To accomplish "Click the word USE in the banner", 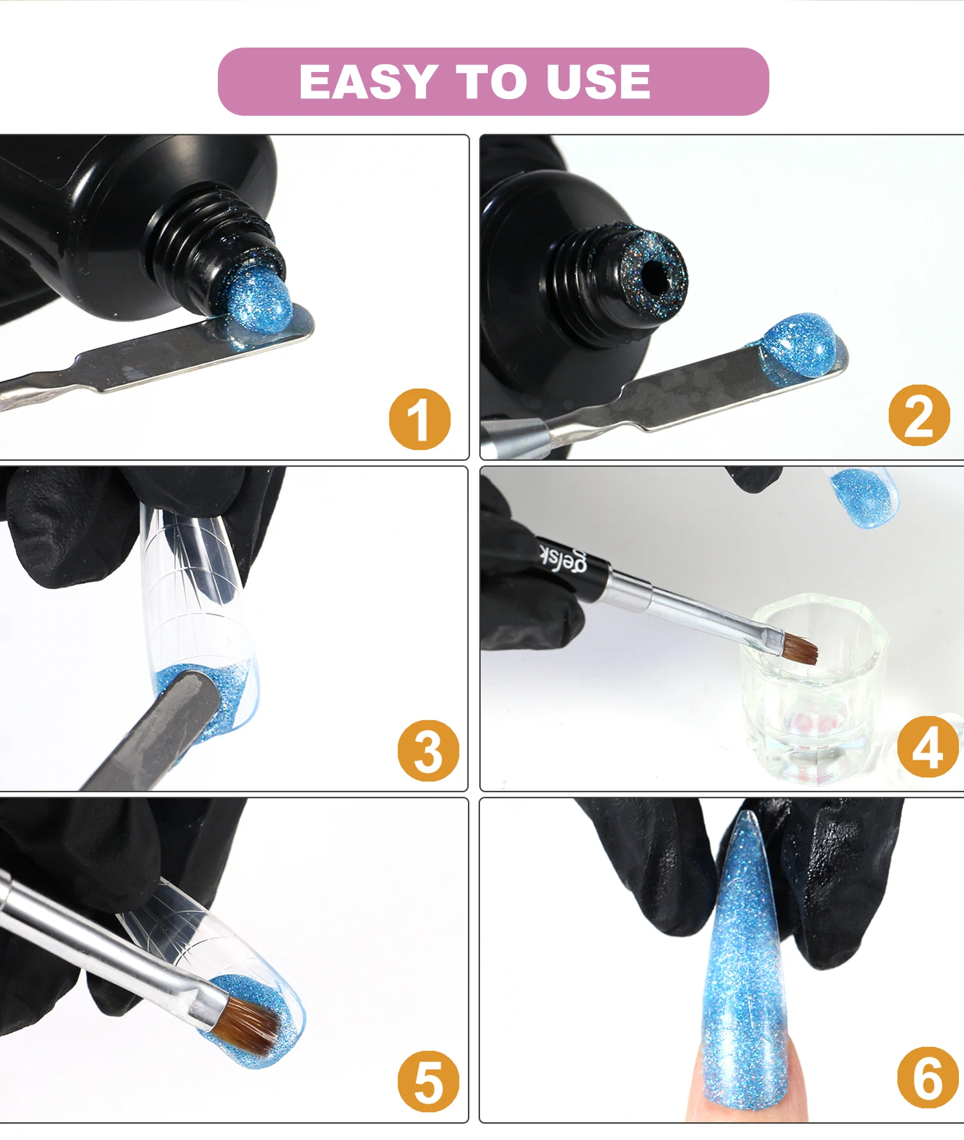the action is tap(598, 82).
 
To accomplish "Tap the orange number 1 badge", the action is tap(420, 419).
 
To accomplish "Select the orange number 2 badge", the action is tap(919, 415).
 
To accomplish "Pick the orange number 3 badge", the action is tap(428, 750).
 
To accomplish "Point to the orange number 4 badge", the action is tap(928, 746).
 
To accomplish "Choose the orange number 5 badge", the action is tap(428, 1082).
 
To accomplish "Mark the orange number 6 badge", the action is tap(928, 1078).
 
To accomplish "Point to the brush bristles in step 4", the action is tap(799, 648).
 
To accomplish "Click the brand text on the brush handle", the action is tap(562, 557).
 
